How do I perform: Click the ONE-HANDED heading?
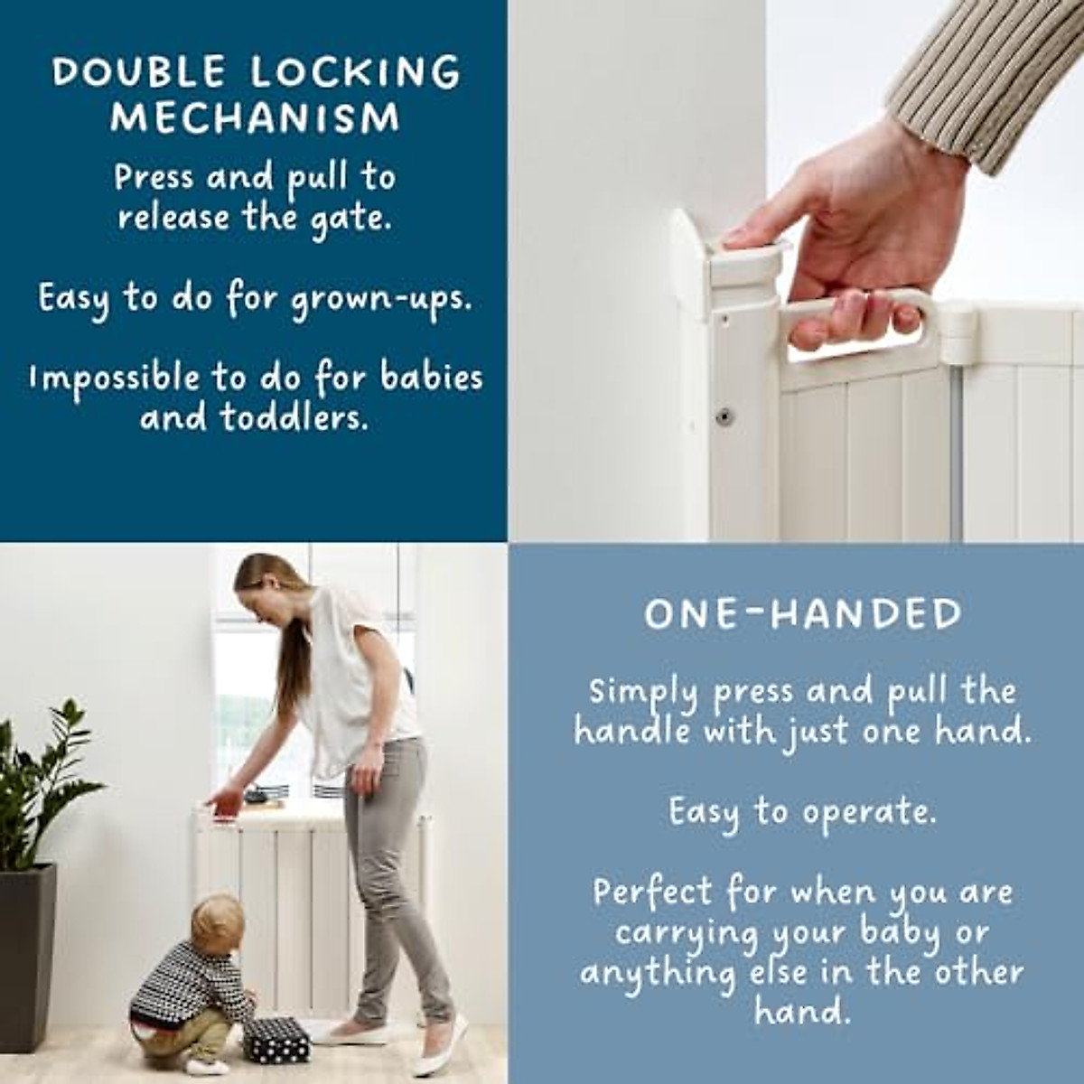(802, 614)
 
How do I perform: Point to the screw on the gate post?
(723, 416)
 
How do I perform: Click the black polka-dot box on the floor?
(276, 1040)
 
